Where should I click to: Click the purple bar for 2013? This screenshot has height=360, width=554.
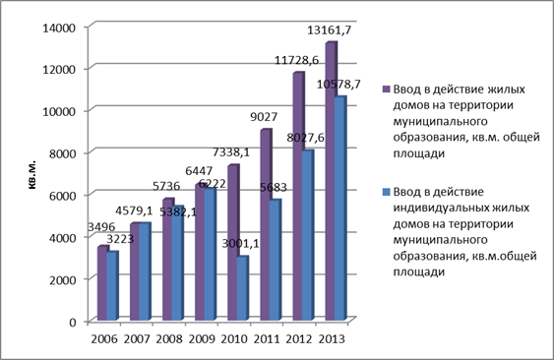click(x=331, y=181)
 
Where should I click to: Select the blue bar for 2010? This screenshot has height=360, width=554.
click(x=242, y=288)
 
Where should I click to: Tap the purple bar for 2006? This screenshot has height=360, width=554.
click(x=101, y=283)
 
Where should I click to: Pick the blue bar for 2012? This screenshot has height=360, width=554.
click(x=307, y=236)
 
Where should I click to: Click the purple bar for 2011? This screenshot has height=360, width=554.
click(x=266, y=225)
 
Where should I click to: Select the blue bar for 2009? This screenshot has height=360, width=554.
click(x=210, y=255)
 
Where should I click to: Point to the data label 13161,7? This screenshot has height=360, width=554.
click(x=330, y=30)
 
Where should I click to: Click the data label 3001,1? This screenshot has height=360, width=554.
click(x=240, y=243)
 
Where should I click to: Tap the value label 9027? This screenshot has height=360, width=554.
click(x=264, y=117)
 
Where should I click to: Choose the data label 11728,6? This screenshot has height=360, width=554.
click(x=296, y=60)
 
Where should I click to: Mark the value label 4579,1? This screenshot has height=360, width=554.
click(x=134, y=210)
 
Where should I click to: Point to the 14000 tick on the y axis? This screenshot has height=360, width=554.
click(x=59, y=28)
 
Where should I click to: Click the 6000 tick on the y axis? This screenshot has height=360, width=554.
click(x=62, y=196)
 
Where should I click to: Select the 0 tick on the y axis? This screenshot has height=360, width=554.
click(x=73, y=323)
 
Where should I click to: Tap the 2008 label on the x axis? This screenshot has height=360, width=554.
click(x=169, y=339)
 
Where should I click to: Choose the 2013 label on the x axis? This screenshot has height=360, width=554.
click(x=332, y=339)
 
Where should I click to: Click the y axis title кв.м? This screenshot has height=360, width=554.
click(x=32, y=175)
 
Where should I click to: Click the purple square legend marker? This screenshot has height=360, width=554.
click(x=386, y=89)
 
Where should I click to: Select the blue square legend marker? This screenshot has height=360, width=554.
click(x=386, y=192)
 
